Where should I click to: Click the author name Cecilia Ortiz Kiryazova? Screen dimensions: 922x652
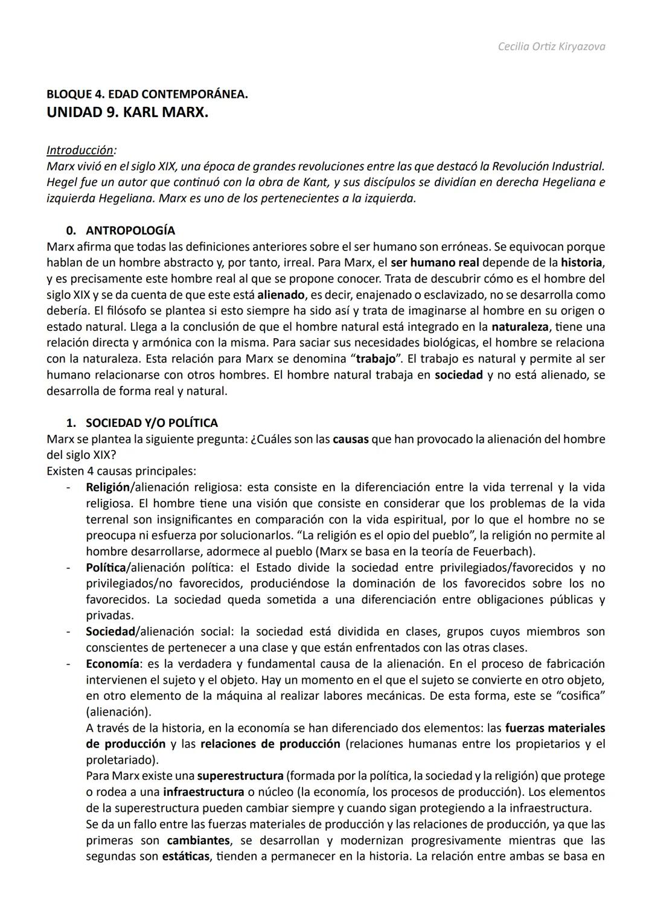click(x=551, y=46)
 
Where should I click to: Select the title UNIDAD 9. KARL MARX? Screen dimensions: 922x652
click(x=127, y=112)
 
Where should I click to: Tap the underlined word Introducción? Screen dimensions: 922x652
click(x=80, y=150)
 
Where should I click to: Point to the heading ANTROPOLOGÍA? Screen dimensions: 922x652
click(x=130, y=231)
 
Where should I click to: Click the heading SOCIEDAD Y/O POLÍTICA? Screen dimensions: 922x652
click(x=152, y=423)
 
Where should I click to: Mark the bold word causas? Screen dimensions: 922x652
click(x=350, y=439)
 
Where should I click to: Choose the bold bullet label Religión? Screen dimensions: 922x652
click(x=107, y=487)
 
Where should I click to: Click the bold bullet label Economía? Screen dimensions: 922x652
click(x=112, y=664)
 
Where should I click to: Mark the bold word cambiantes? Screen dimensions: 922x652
click(x=198, y=840)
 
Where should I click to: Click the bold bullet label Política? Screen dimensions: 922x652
click(x=106, y=568)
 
